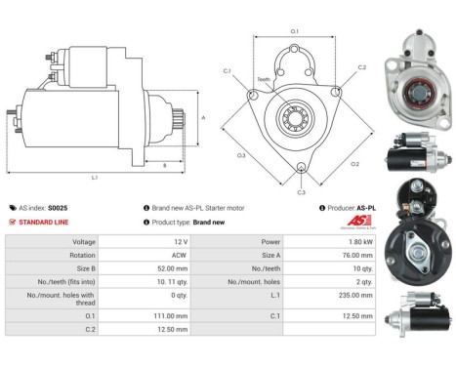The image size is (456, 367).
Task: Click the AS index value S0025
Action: pyautogui.click(x=58, y=208)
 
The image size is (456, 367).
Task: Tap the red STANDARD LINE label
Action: pyautogui.click(x=44, y=223)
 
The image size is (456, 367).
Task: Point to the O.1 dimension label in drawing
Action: pyautogui.click(x=296, y=32)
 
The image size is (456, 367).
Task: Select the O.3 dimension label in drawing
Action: pyautogui.click(x=240, y=154)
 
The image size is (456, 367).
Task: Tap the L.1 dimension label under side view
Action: pyautogui.click(x=95, y=177)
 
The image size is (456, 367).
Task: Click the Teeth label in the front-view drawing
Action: pyautogui.click(x=264, y=79)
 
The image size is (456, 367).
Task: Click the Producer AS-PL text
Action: pyautogui.click(x=352, y=208)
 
